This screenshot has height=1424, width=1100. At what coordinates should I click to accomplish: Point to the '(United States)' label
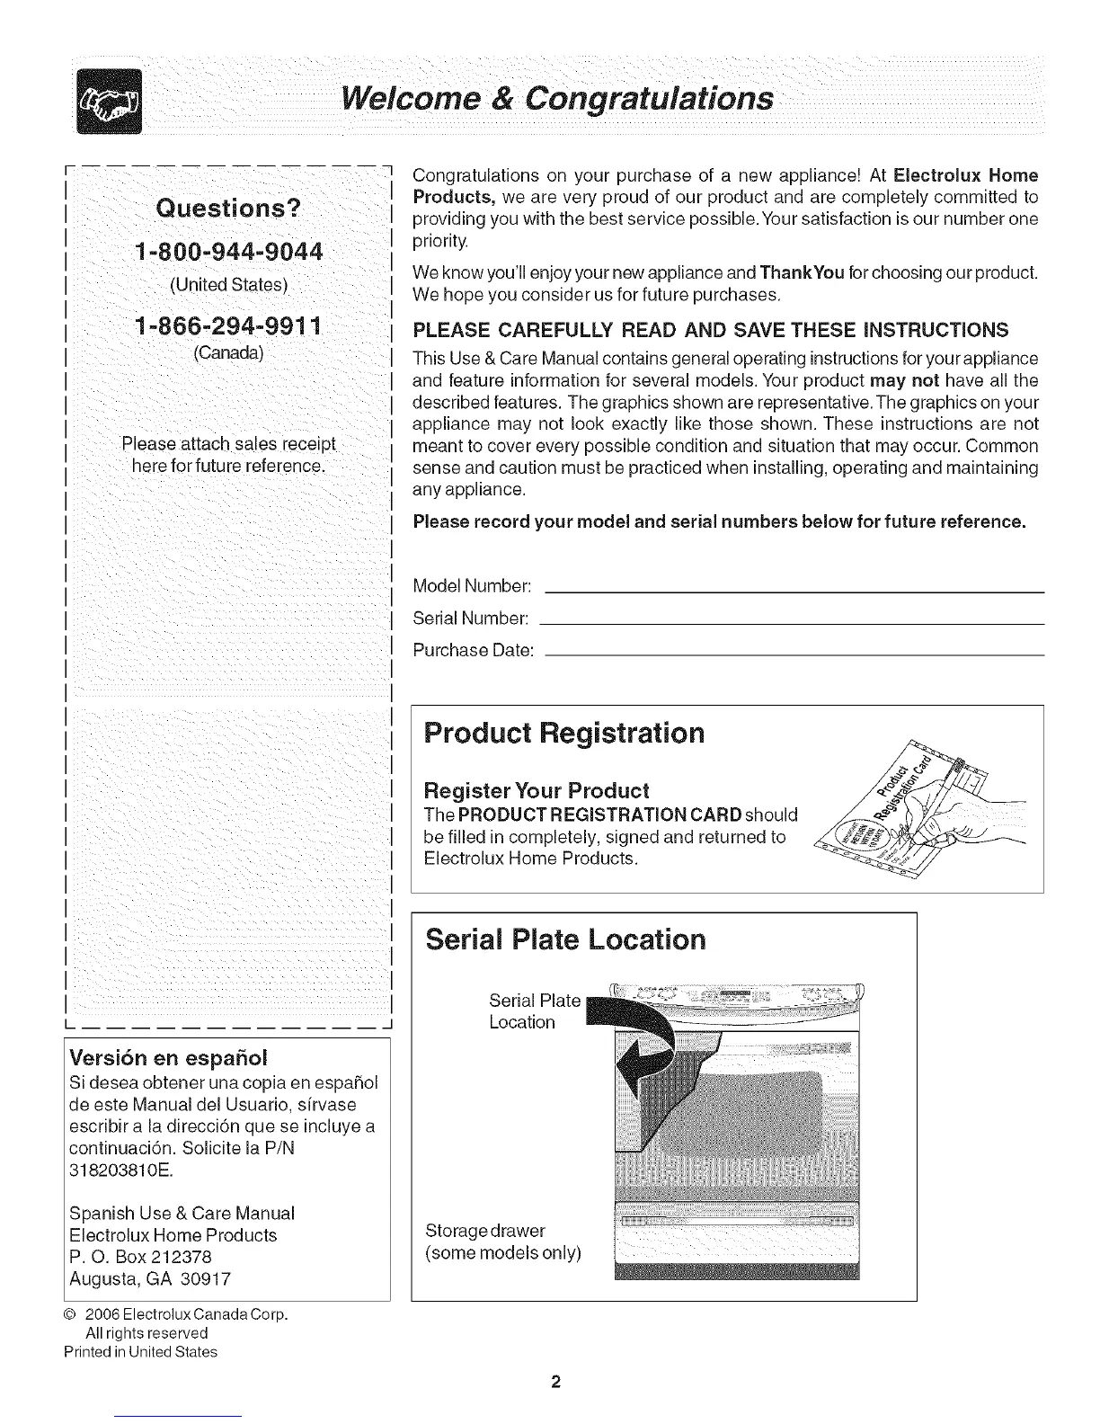point(228,285)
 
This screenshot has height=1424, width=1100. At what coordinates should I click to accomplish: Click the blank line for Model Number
point(794,592)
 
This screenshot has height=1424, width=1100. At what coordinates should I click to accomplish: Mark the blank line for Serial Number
point(794,623)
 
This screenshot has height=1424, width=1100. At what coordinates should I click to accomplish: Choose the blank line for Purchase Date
point(794,655)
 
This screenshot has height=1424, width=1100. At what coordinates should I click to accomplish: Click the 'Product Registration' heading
point(563,733)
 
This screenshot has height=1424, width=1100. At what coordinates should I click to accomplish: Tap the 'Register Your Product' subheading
point(536,791)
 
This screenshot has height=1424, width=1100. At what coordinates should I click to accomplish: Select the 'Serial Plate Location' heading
point(565,939)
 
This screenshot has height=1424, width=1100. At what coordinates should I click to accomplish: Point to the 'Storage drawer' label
point(484,1230)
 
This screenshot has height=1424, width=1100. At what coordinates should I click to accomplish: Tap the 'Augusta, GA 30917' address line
point(150,1278)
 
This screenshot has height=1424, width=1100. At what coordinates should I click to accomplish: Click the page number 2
point(556,1381)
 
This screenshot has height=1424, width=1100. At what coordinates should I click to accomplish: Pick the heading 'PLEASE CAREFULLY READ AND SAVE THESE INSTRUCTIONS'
point(710,329)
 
